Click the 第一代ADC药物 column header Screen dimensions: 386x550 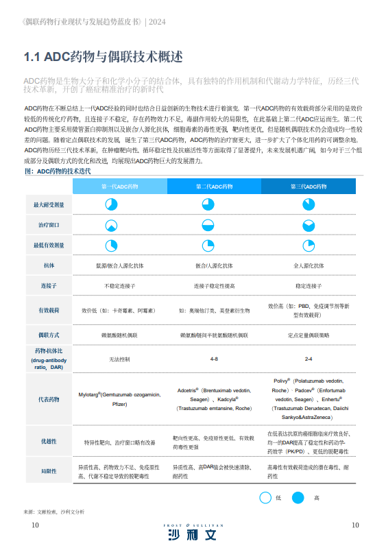[119, 186]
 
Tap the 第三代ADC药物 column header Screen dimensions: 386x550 [309, 186]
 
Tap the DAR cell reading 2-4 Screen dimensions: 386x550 [309, 359]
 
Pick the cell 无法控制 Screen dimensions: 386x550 [119, 359]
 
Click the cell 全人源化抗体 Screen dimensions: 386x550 [309, 265]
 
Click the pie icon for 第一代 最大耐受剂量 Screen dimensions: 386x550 [111, 205]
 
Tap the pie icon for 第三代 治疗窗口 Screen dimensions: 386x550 [309, 225]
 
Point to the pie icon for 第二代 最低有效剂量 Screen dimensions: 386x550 [213, 245]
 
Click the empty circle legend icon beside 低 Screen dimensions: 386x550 [265, 498]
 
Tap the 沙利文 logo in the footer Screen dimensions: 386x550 [193, 534]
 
